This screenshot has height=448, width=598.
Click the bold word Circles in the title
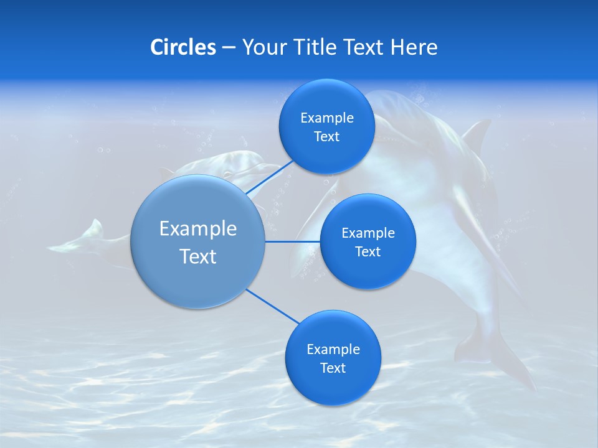tap(183, 47)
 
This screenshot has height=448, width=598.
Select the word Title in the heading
tap(315, 47)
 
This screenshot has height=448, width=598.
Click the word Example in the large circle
tap(198, 228)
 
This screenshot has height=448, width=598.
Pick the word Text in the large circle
tap(198, 256)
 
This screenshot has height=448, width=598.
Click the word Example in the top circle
tap(326, 118)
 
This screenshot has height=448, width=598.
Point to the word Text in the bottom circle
tap(333, 368)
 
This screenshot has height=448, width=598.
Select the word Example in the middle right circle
tap(368, 233)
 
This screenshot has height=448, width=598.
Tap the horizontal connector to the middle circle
tap(292, 241)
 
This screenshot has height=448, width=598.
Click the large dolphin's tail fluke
tap(498, 361)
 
